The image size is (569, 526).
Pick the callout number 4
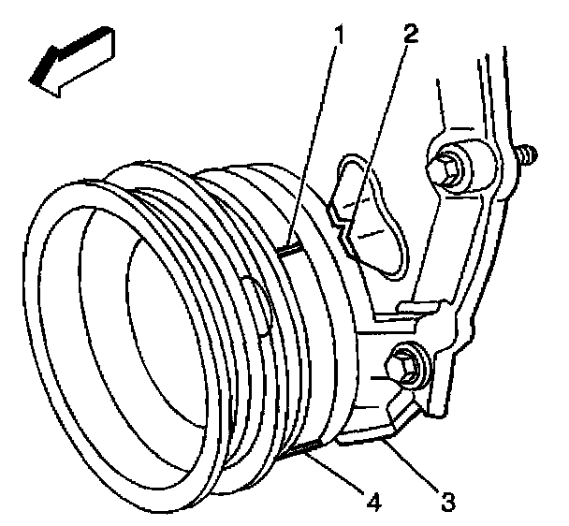pos(374,503)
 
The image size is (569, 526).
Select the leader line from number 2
pos(379,131)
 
